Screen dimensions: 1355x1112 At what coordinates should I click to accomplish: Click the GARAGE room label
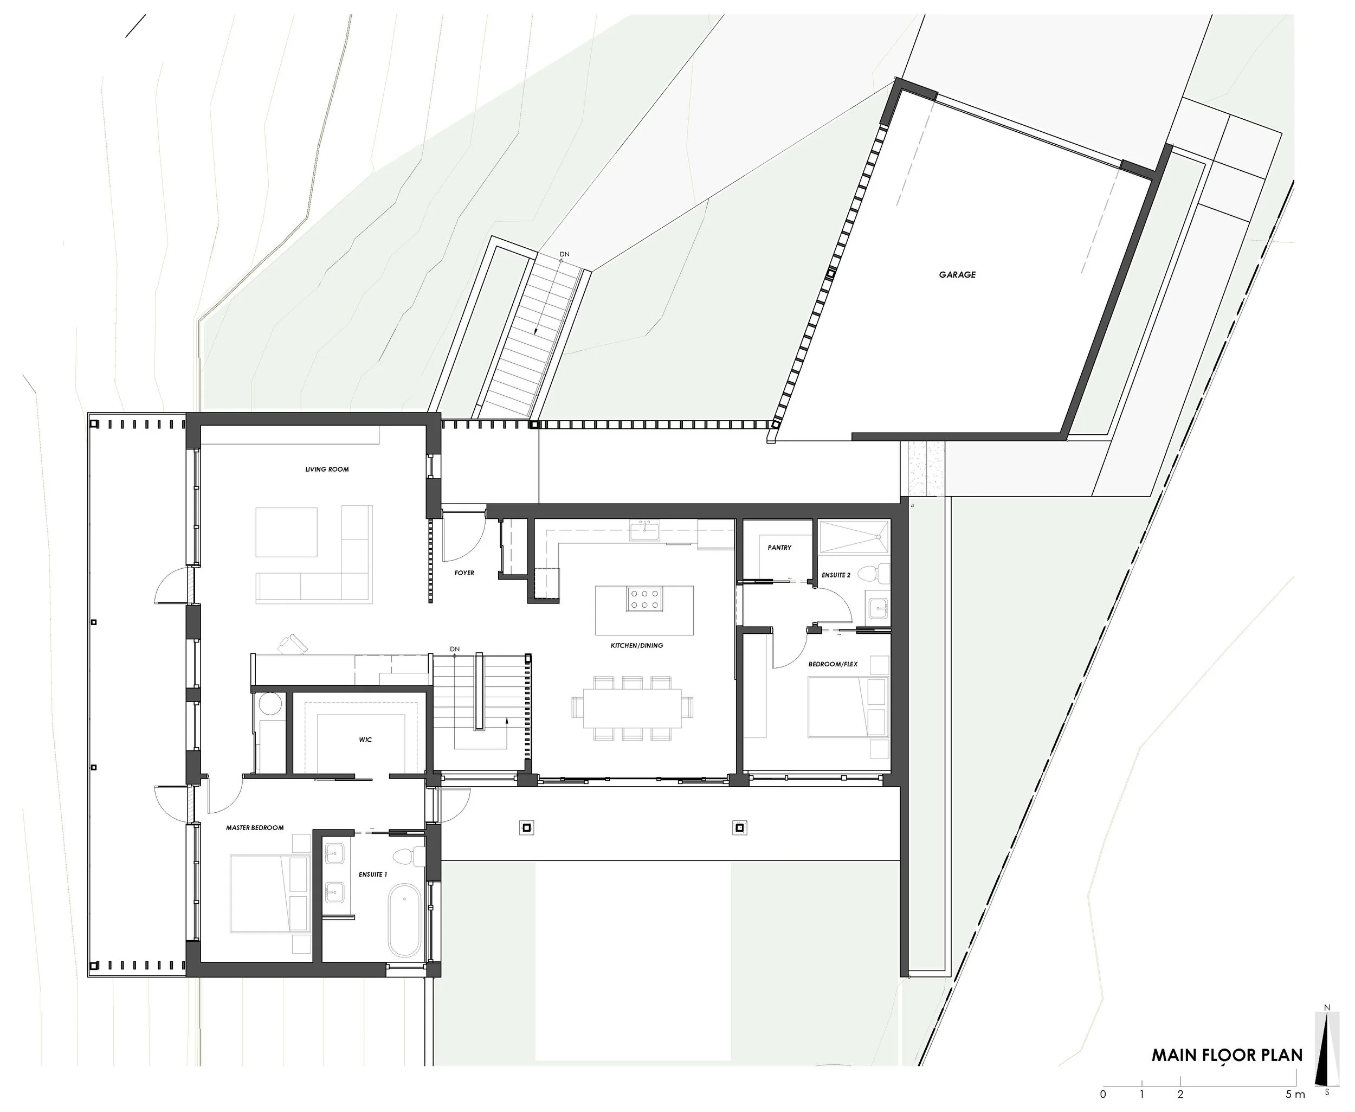[x=957, y=275]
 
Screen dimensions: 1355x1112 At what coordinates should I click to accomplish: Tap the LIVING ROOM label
[x=327, y=470]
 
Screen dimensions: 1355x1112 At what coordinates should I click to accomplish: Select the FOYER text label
[x=464, y=573]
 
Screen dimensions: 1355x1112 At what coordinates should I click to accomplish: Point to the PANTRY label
[x=779, y=548]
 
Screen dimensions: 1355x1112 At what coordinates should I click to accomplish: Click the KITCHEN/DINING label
[x=636, y=646]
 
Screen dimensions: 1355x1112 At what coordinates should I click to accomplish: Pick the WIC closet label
[x=365, y=740]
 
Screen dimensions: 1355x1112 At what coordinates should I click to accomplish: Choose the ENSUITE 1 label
[x=373, y=875]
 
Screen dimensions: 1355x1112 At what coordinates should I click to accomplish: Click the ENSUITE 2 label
[x=836, y=575]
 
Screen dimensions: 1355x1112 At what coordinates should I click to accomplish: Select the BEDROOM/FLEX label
[x=833, y=664]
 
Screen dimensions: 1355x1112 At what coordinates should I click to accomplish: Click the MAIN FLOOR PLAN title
[x=1227, y=1056]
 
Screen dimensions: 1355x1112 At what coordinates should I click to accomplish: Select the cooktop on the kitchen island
[x=644, y=600]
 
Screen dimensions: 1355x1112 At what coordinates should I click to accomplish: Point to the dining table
[x=632, y=708]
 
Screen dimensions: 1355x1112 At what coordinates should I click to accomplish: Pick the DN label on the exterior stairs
[x=564, y=254]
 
